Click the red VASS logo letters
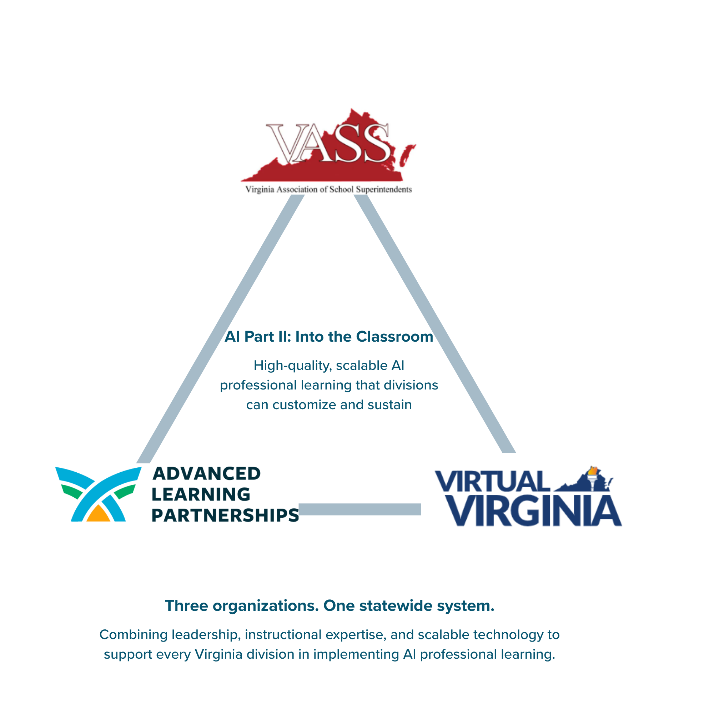(328, 143)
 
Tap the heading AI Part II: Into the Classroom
(329, 337)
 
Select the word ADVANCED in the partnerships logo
(207, 474)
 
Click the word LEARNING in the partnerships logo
(201, 494)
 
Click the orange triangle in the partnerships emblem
(99, 514)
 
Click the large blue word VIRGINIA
(534, 511)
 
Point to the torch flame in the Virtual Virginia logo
(593, 471)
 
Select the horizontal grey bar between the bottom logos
(360, 509)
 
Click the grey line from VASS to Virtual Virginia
(434, 324)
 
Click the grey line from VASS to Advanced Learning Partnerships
(220, 329)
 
